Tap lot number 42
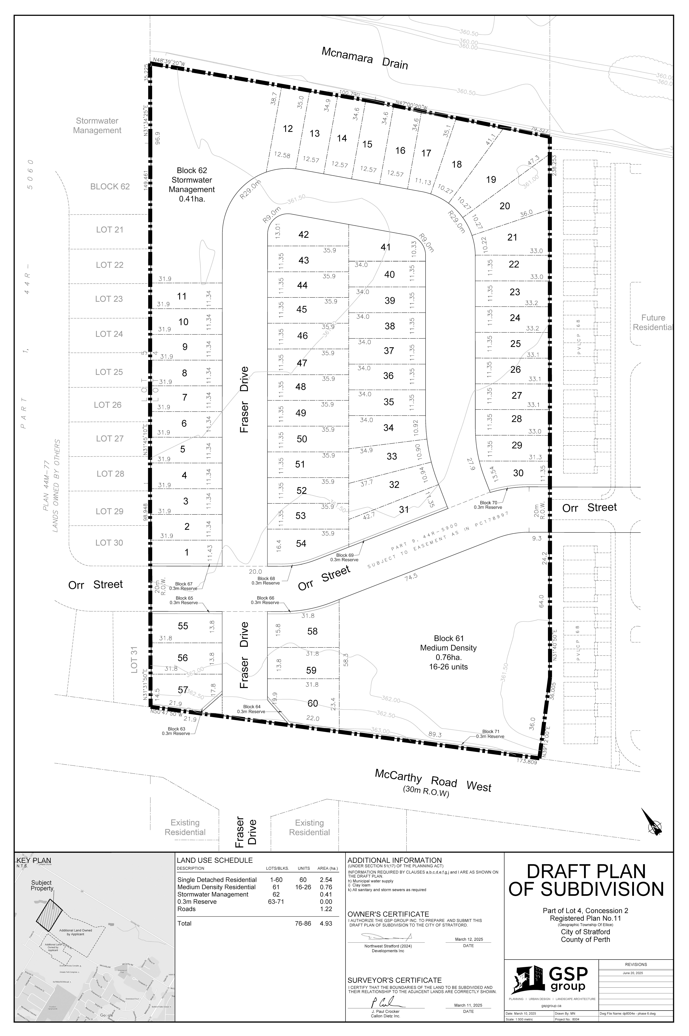[x=304, y=235]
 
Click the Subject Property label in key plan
[x=42, y=885]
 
